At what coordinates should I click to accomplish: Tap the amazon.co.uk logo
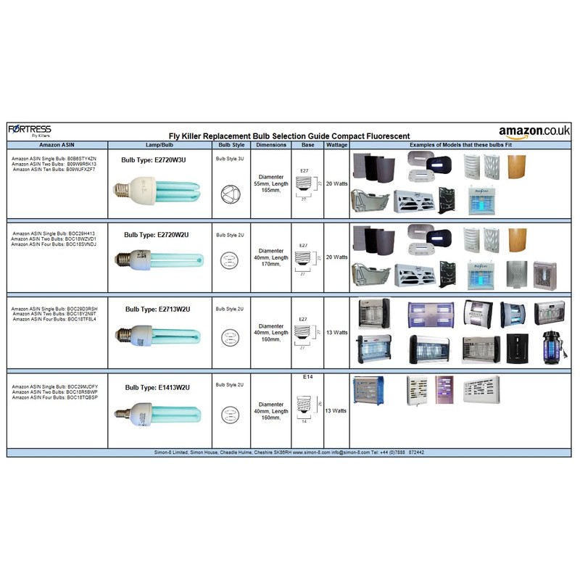tap(534, 131)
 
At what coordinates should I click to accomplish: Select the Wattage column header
tap(336, 145)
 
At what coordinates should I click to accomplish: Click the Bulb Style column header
tap(231, 145)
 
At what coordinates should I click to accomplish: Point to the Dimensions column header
tap(271, 145)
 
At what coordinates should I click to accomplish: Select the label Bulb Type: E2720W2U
tap(157, 235)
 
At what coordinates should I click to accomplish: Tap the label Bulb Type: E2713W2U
tap(157, 309)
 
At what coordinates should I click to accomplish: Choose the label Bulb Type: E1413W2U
tap(157, 388)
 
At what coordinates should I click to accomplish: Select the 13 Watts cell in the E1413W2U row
tap(336, 410)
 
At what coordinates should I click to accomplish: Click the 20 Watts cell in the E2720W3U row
tap(336, 184)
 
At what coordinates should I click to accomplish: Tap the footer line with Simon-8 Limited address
tap(289, 452)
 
